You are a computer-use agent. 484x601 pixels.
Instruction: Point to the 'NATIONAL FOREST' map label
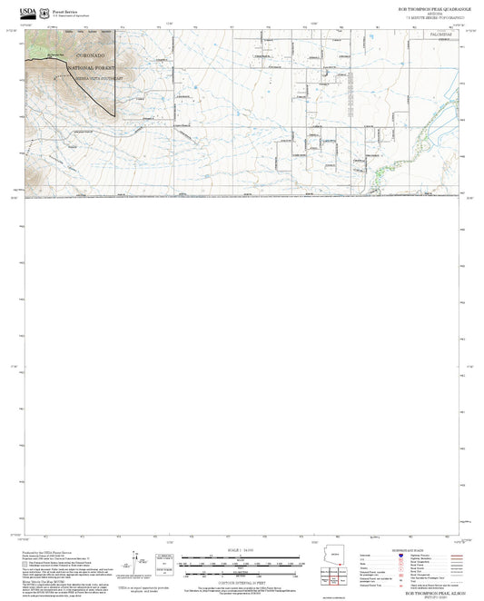pyautogui.click(x=97, y=69)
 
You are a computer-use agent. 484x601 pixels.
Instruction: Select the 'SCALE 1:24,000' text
pyautogui.click(x=241, y=550)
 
